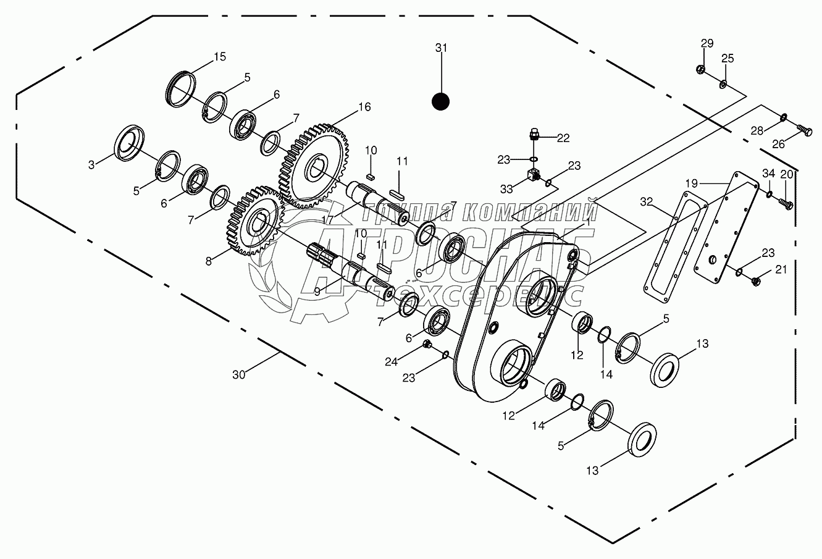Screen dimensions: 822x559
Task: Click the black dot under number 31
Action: point(440,101)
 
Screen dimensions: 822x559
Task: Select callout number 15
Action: point(220,57)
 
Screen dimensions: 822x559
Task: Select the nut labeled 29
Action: point(700,68)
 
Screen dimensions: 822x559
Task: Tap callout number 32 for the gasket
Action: point(646,201)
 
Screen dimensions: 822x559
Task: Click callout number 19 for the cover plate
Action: point(691,183)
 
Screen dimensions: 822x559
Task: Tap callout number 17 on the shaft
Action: point(327,219)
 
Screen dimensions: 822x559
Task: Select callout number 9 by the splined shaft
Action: point(317,291)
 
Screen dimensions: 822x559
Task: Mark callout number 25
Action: point(728,59)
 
